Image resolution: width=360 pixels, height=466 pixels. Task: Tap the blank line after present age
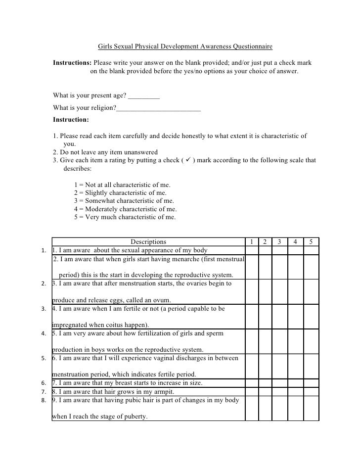click(143, 95)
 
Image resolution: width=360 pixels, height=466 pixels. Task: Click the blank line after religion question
click(158, 108)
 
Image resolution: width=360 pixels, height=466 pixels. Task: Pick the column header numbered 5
click(311, 242)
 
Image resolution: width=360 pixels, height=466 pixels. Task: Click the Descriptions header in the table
click(148, 242)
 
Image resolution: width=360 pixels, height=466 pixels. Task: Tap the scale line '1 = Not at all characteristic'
click(122, 185)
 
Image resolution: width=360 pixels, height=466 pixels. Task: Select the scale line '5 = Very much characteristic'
click(125, 217)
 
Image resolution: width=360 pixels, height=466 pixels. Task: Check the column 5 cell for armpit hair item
click(311, 391)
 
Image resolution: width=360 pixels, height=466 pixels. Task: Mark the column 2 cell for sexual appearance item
click(265, 250)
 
